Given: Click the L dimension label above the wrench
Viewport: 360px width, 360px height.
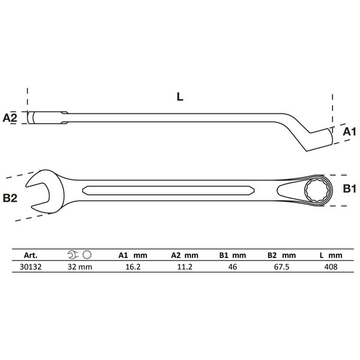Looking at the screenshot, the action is pyautogui.click(x=180, y=97).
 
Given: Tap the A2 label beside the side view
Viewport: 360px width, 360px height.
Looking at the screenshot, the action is pyautogui.click(x=10, y=118).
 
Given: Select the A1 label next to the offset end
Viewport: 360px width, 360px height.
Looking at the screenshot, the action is pyautogui.click(x=349, y=132).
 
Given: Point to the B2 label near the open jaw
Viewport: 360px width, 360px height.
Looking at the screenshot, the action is pyautogui.click(x=10, y=198).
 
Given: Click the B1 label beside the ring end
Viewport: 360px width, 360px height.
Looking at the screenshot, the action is pyautogui.click(x=349, y=189).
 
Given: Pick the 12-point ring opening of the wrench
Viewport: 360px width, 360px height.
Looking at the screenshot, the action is pyautogui.click(x=316, y=190).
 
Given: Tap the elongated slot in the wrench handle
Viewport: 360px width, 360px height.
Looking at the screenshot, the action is pyautogui.click(x=168, y=190).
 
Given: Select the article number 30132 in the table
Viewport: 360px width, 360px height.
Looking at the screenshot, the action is pyautogui.click(x=31, y=267).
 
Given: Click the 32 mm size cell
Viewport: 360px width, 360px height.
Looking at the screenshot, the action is pyautogui.click(x=80, y=267).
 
